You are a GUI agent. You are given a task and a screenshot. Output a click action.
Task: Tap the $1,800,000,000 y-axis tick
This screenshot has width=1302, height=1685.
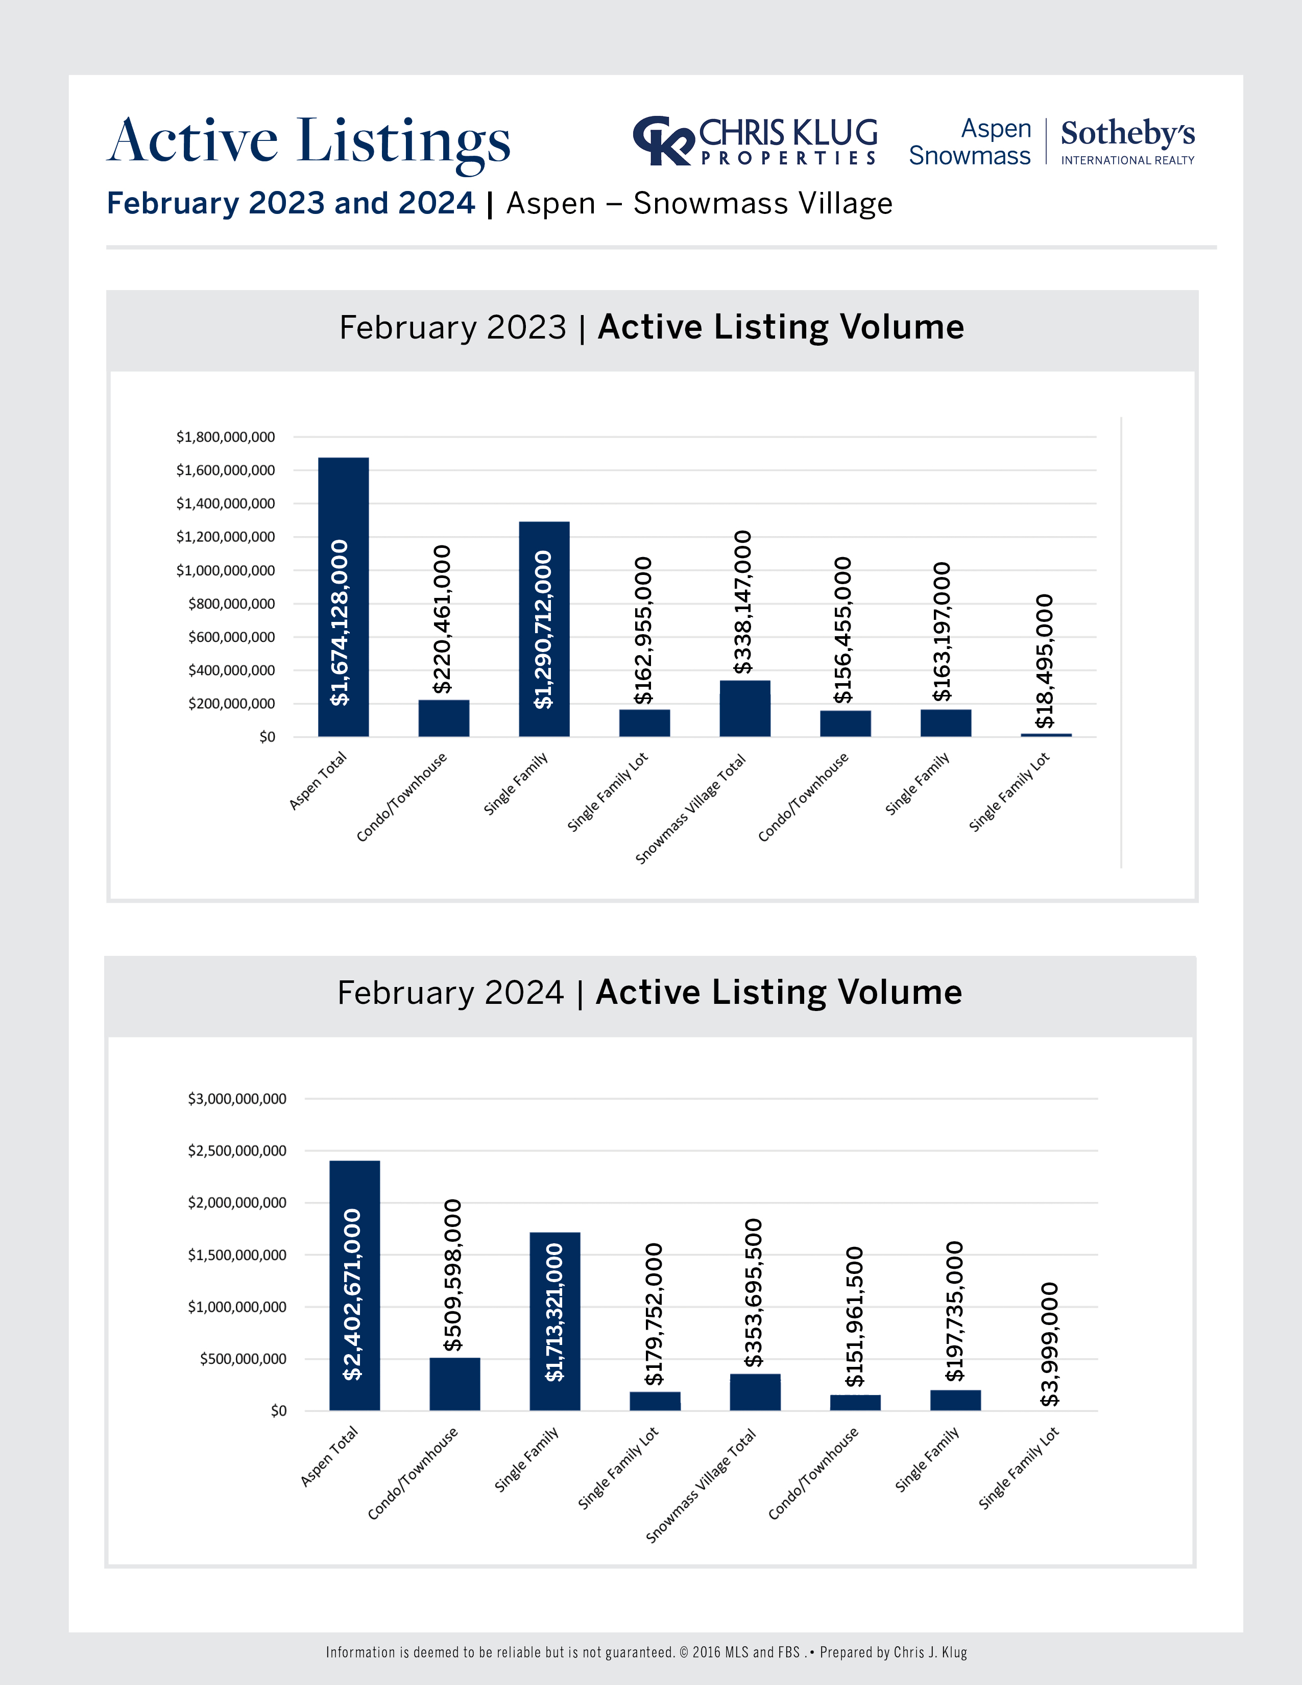pyautogui.click(x=225, y=437)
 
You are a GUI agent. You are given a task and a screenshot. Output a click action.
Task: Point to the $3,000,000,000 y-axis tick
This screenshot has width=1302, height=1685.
pyautogui.click(x=237, y=1099)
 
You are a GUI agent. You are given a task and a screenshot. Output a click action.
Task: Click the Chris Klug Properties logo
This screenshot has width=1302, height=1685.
pyautogui.click(x=754, y=141)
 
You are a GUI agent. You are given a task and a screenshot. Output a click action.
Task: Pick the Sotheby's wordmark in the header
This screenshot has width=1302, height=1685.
pyautogui.click(x=1127, y=133)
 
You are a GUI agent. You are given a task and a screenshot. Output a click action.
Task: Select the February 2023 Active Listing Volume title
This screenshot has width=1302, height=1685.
pyautogui.click(x=652, y=327)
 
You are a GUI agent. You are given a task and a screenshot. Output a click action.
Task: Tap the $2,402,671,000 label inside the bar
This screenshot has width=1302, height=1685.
pyautogui.click(x=352, y=1294)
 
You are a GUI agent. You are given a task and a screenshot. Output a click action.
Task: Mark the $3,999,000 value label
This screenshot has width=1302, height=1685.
pyautogui.click(x=1050, y=1344)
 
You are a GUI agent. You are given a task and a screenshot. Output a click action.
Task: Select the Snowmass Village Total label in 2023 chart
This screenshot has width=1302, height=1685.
pyautogui.click(x=691, y=809)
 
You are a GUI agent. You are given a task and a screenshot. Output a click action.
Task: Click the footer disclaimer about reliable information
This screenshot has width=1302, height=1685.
pyautogui.click(x=645, y=1652)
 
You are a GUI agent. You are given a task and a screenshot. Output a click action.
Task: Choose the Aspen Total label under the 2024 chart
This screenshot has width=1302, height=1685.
pyautogui.click(x=329, y=1457)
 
